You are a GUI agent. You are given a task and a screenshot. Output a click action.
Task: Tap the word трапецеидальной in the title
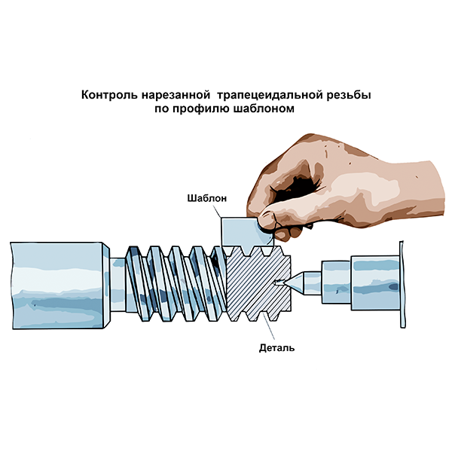tap(270, 96)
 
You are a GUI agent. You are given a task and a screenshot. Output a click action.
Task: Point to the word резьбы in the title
tap(349, 96)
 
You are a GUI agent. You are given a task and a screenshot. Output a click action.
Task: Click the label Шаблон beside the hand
tap(207, 198)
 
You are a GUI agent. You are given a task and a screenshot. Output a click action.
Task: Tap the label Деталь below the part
tap(276, 348)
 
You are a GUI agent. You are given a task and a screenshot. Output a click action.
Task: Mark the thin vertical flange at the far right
tap(402, 284)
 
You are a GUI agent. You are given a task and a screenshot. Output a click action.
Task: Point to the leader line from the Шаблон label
tap(216, 211)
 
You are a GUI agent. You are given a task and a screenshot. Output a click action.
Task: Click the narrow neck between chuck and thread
tap(118, 285)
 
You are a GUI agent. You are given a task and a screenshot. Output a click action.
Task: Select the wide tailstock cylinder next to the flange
tap(375, 283)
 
